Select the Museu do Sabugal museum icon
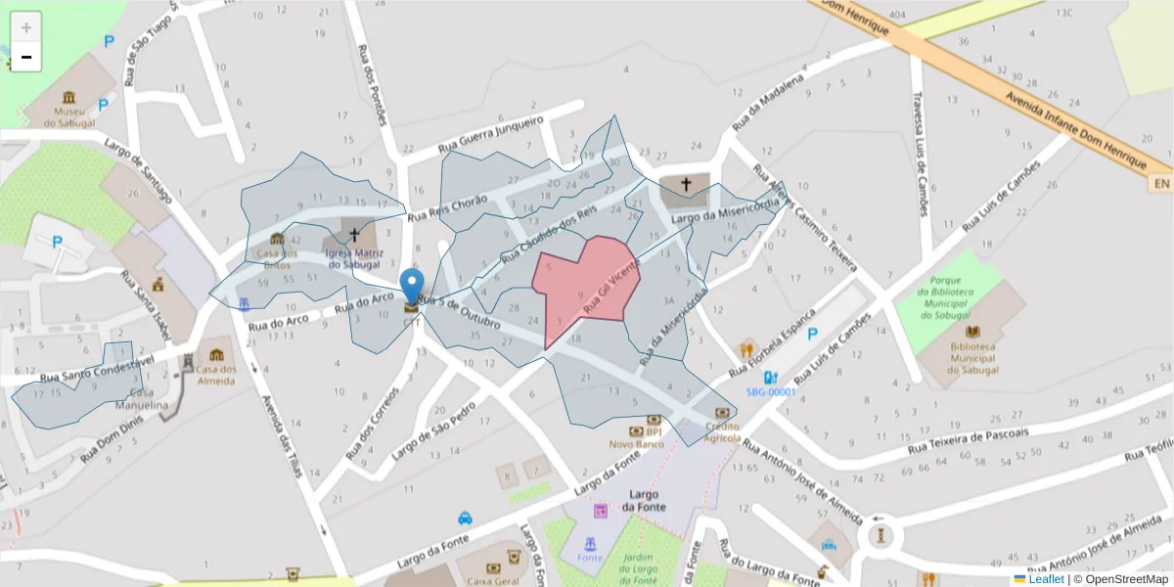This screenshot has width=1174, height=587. [x=68, y=98]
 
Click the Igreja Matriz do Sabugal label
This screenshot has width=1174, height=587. [x=354, y=258]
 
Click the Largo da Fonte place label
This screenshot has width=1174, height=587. [x=643, y=500]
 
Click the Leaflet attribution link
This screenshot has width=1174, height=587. [x=1046, y=579]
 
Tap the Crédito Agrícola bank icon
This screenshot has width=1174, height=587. [x=723, y=413]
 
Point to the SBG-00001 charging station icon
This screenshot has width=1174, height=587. [x=771, y=378]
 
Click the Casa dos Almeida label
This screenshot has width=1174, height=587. [x=215, y=375]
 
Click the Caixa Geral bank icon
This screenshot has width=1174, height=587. [x=510, y=559]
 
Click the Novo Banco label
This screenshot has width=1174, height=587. [x=636, y=444]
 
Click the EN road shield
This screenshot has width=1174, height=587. [x=1161, y=184]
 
